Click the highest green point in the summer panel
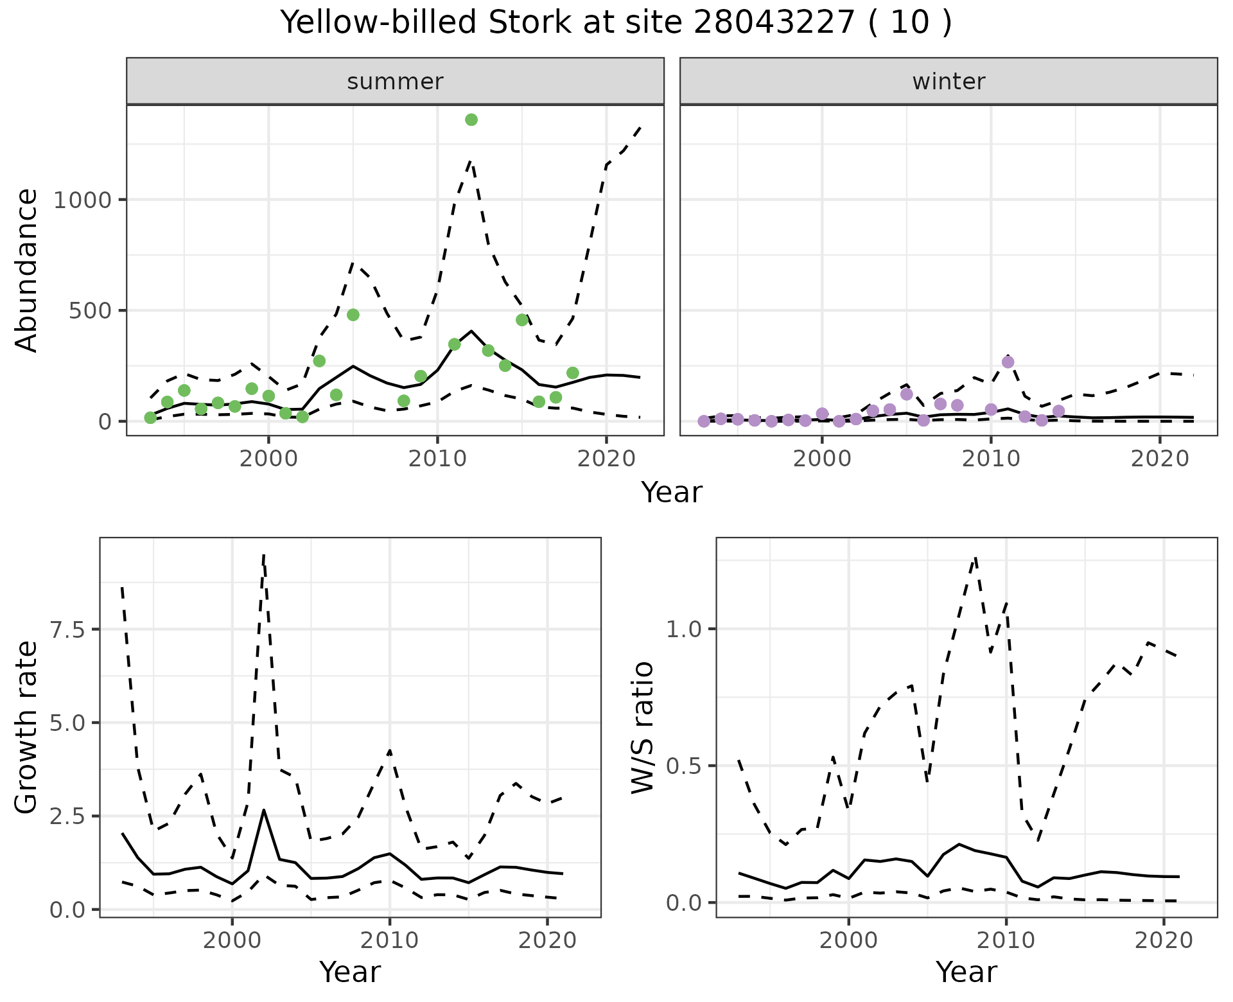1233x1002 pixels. coord(471,119)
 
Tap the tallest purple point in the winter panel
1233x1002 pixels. coord(1008,362)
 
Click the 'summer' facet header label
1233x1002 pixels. coord(395,82)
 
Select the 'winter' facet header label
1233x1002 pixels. coord(949,82)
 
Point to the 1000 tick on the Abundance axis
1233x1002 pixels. coord(82,200)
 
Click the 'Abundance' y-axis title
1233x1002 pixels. coord(27,270)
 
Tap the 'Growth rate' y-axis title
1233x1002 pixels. coord(27,728)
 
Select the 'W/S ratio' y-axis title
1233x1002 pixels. coord(643,728)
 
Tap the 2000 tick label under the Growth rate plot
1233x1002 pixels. coord(232,940)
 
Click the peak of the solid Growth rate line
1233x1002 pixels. coord(264,811)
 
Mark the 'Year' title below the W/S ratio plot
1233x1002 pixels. coord(966,972)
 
